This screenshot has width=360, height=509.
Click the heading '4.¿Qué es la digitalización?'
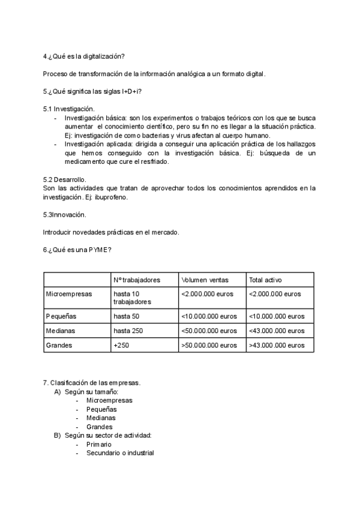[x=84, y=56]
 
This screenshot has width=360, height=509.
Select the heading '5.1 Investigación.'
[x=69, y=109]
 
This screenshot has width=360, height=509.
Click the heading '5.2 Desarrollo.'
[x=65, y=179]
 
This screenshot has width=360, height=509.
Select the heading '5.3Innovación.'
[x=65, y=214]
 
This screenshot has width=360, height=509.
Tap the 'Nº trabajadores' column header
[x=137, y=280]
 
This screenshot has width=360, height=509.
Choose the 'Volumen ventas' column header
[x=205, y=280]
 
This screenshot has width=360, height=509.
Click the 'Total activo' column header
[x=266, y=280]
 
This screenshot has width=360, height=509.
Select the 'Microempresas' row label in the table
[x=68, y=294]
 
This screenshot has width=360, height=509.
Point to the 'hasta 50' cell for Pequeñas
[x=127, y=316]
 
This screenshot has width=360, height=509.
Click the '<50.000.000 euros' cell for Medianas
[x=209, y=331]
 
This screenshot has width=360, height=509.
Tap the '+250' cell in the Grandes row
[x=121, y=346]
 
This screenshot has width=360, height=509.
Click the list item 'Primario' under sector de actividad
[x=99, y=444]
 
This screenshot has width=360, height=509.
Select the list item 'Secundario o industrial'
[x=120, y=453]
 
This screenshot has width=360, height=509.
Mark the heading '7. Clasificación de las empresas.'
[x=92, y=383]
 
